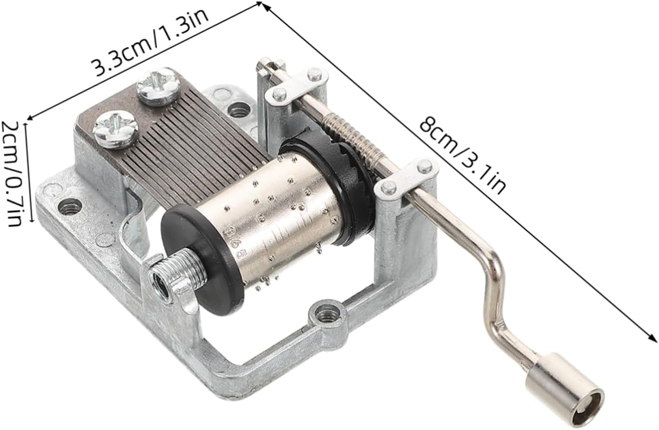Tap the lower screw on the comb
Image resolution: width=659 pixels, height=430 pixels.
[116, 130]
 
